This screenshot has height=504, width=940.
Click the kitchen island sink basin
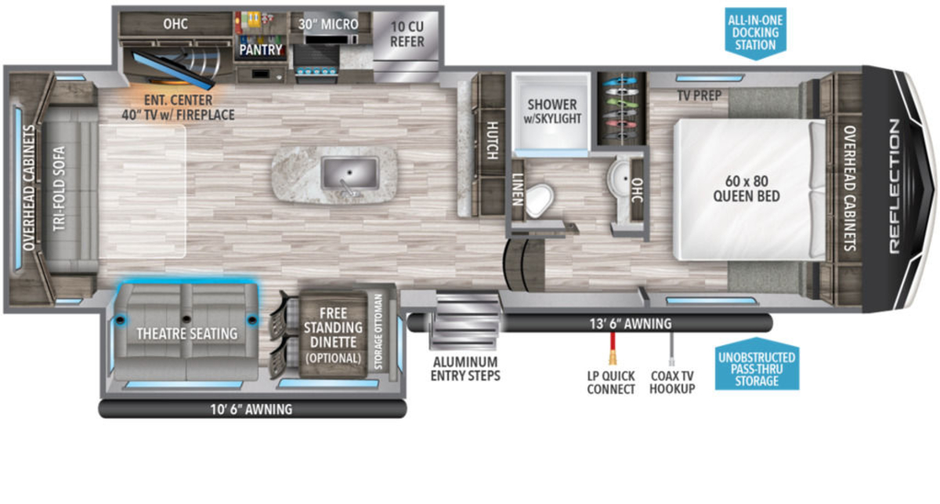[x=349, y=173]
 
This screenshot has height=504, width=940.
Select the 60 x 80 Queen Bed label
[x=747, y=189]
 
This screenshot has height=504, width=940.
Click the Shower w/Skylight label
[x=552, y=111]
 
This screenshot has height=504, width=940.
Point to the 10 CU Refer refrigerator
[x=406, y=46]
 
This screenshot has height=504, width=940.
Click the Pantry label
[x=261, y=49]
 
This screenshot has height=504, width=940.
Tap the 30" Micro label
[x=328, y=24]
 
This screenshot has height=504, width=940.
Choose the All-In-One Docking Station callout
[x=755, y=34]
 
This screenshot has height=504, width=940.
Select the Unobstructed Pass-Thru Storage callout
[x=757, y=364]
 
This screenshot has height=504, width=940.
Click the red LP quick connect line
[x=613, y=349]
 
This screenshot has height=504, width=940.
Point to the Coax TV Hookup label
[x=672, y=383]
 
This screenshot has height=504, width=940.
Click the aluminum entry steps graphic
[x=465, y=321]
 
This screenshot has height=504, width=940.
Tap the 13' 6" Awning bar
[x=590, y=324]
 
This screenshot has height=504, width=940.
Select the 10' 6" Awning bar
[x=252, y=408]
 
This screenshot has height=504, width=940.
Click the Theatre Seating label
[x=187, y=334]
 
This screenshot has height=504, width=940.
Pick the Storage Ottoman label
[x=378, y=332]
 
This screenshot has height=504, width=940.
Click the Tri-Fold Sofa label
[x=60, y=189]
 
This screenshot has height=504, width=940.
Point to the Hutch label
[x=492, y=141]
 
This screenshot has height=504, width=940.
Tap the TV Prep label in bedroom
[x=700, y=96]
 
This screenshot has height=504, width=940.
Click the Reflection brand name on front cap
[x=895, y=186]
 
